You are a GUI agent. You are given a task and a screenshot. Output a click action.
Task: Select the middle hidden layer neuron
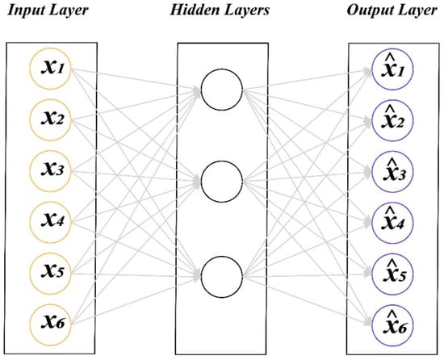(x=221, y=183)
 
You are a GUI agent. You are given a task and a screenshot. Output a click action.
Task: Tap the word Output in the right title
(x=369, y=10)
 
